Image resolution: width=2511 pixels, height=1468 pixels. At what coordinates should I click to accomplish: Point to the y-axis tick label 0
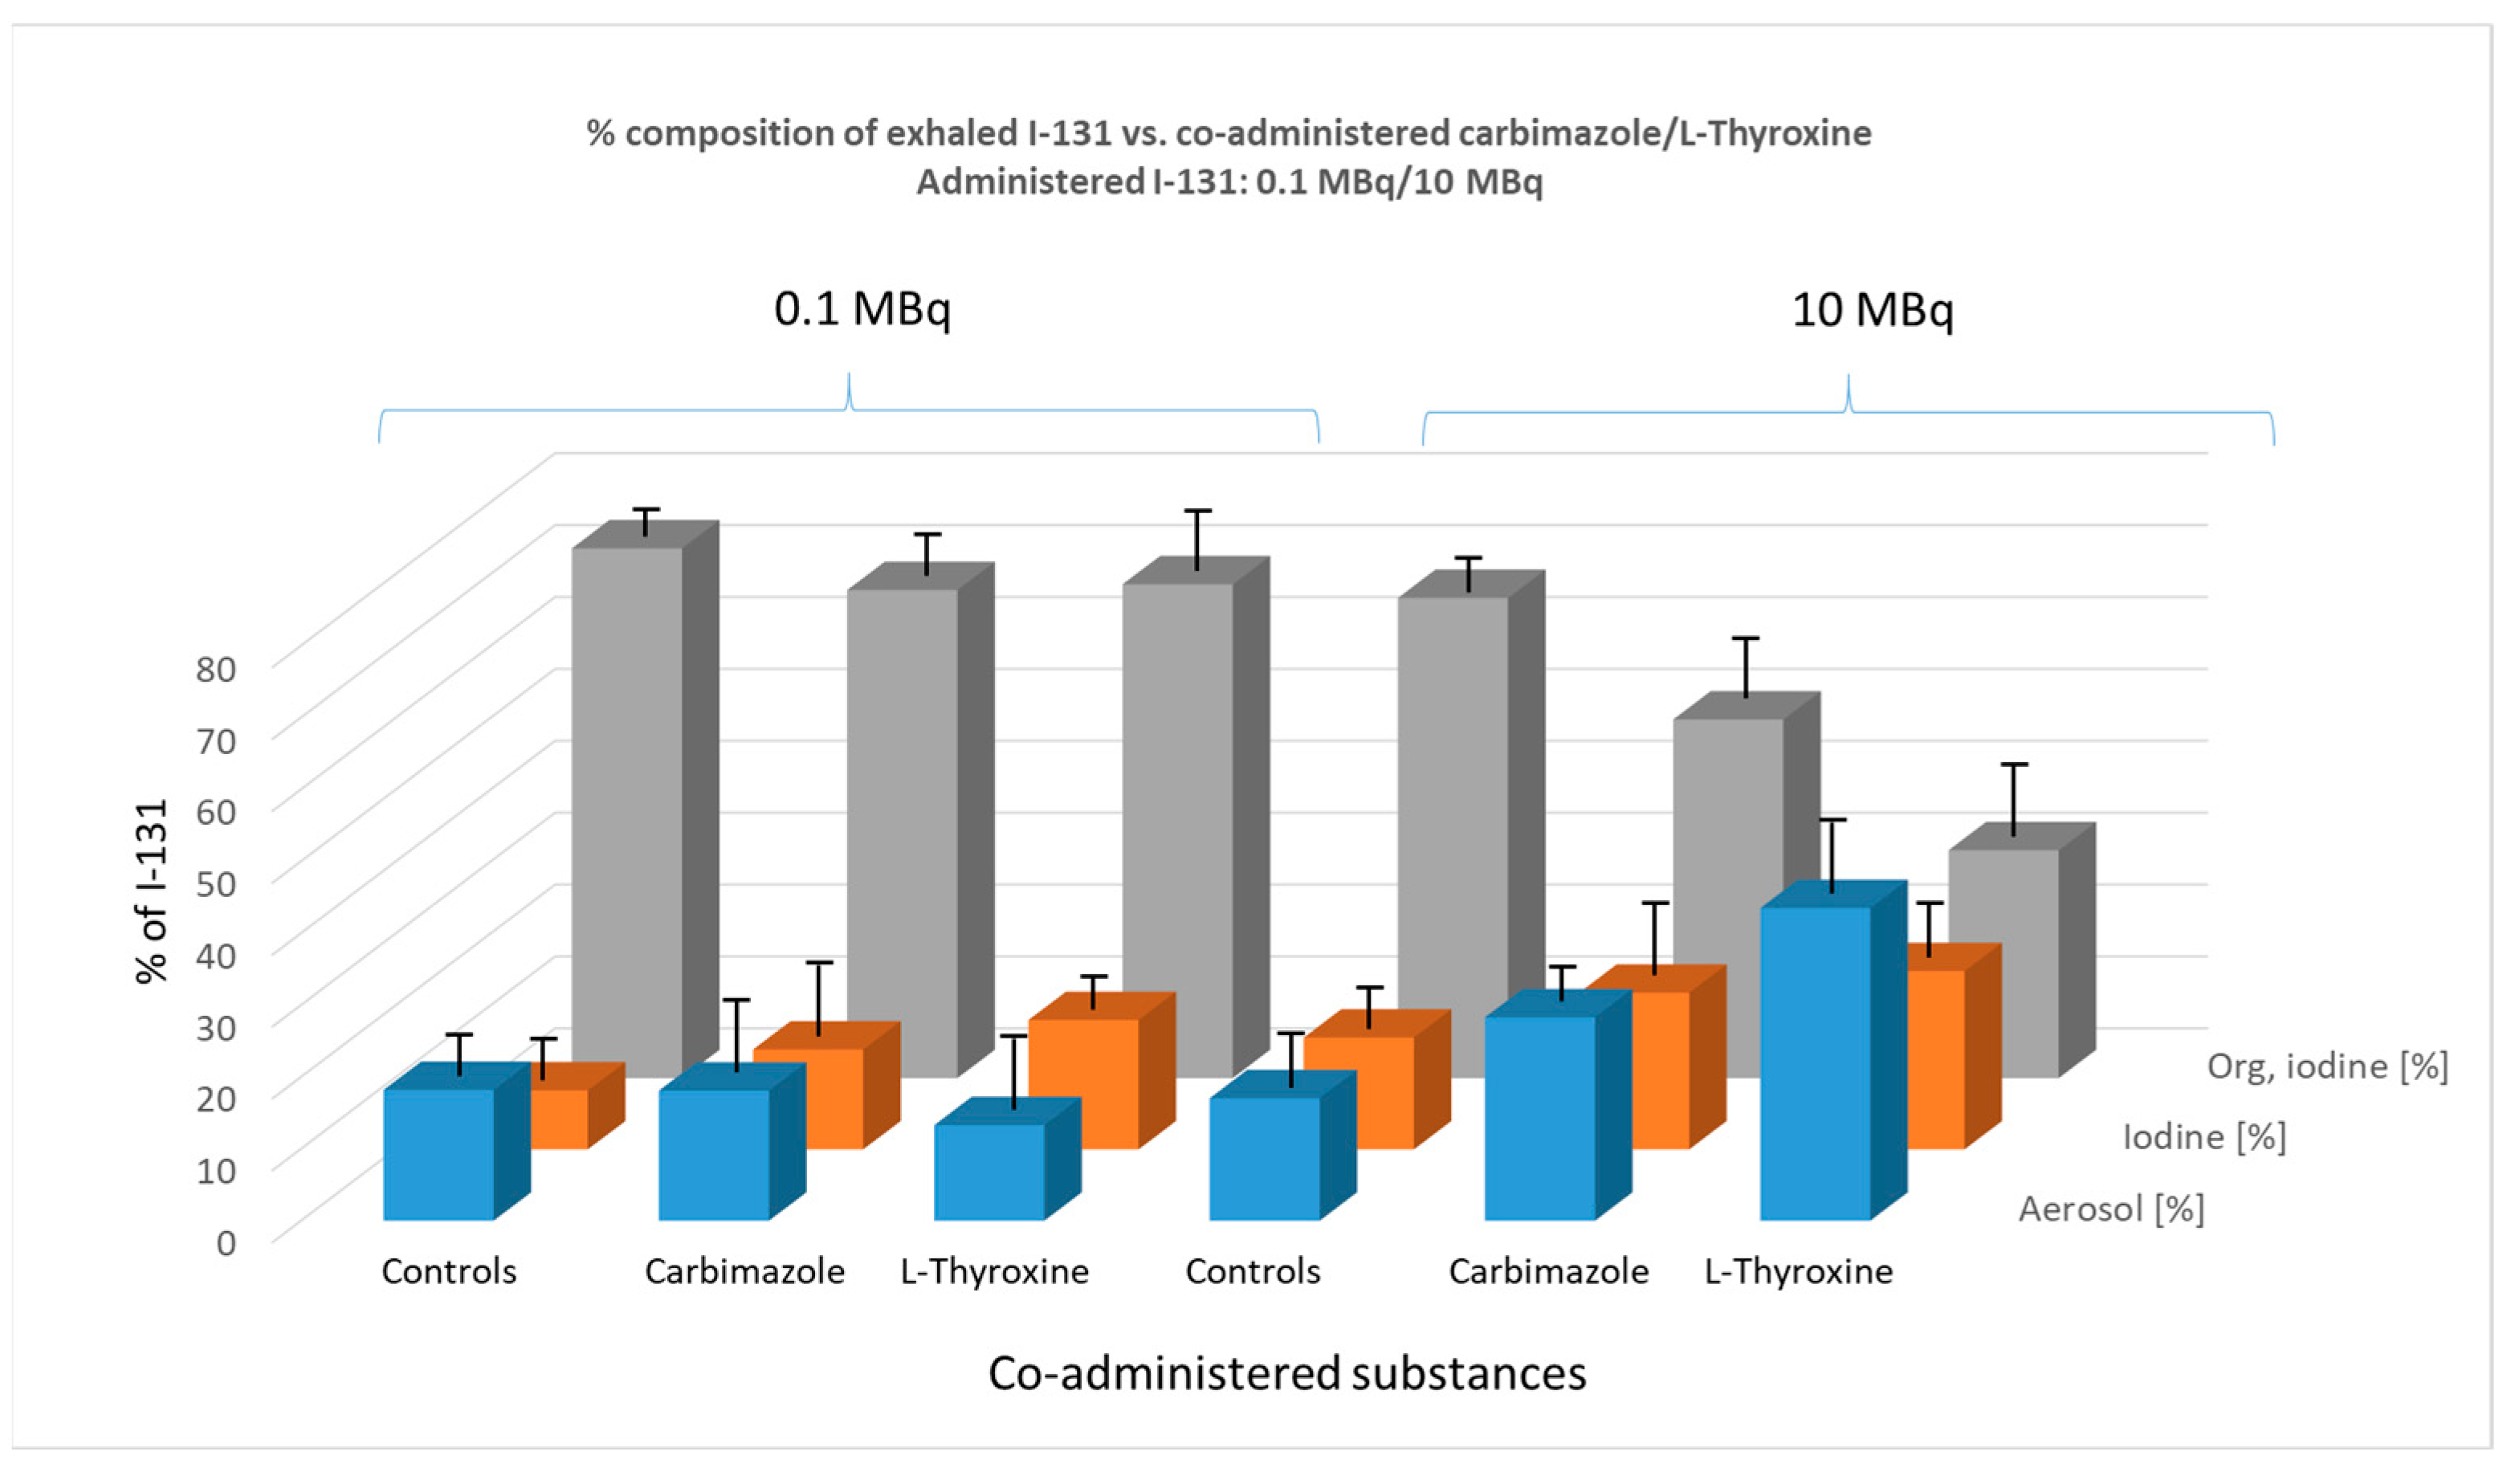pyautogui.click(x=226, y=1242)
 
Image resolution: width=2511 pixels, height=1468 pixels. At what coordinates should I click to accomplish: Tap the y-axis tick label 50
pyautogui.click(x=215, y=883)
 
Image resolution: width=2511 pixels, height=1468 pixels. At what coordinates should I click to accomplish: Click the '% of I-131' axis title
pyautogui.click(x=152, y=892)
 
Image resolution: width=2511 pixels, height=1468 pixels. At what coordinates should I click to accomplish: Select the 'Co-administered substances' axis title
pyautogui.click(x=1286, y=1373)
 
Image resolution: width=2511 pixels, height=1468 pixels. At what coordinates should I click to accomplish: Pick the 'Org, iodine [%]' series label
pyautogui.click(x=2326, y=1066)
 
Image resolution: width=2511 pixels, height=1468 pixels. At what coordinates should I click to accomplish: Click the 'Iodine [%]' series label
pyautogui.click(x=2203, y=1137)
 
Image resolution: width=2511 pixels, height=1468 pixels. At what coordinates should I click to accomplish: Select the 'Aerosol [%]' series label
pyautogui.click(x=2110, y=1209)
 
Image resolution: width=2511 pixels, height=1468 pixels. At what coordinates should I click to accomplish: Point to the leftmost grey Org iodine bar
pyautogui.click(x=627, y=807)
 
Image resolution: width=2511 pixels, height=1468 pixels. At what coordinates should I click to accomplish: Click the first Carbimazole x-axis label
pyautogui.click(x=744, y=1272)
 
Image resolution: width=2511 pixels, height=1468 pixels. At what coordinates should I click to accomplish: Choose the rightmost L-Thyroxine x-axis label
pyautogui.click(x=1798, y=1272)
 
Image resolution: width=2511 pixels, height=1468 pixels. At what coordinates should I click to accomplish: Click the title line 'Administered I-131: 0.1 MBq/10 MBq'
pyautogui.click(x=1229, y=182)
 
